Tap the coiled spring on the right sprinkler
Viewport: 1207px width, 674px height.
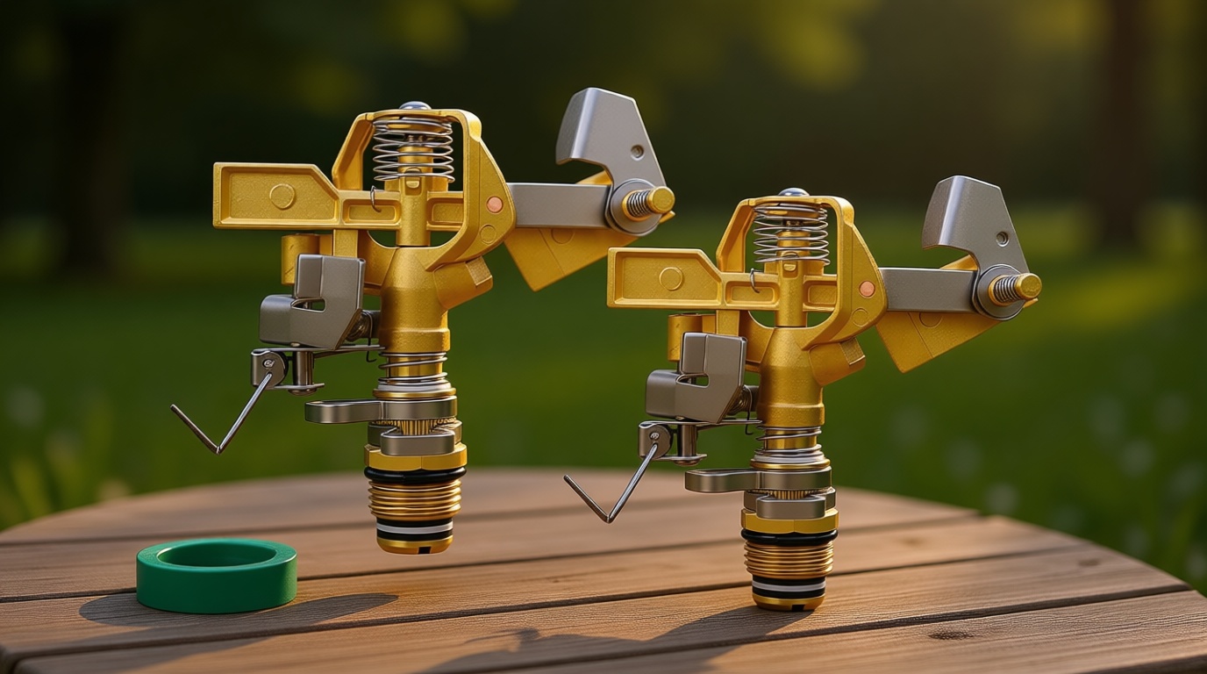pos(790,233)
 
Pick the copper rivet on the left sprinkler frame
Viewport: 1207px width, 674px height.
pos(495,204)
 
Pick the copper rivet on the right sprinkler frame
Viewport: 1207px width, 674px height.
pos(867,289)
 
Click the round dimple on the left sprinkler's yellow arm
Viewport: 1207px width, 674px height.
pos(282,196)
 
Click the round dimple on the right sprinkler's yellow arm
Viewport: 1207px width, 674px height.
pos(671,279)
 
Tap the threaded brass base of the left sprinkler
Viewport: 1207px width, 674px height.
pos(414,499)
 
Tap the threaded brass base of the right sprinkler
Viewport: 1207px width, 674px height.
pos(789,558)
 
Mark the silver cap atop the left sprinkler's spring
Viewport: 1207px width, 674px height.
pos(414,107)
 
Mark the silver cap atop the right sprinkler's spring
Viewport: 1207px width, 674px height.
pos(791,192)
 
